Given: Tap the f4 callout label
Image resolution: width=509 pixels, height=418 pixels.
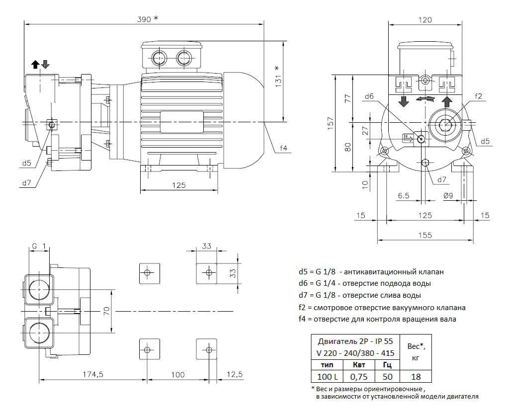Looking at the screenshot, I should point(284,148).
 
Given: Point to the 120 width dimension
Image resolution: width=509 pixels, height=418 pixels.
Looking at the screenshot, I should point(425,20).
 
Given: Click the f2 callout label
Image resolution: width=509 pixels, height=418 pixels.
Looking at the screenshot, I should point(479,96).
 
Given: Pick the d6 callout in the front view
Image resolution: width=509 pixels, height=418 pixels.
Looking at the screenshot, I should point(369,97).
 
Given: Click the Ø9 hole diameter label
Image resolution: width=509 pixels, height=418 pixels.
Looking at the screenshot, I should point(448,196).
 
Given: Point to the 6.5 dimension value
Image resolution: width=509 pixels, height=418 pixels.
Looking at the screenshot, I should point(403,196).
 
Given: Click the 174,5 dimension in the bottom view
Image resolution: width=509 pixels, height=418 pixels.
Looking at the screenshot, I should point(93,375).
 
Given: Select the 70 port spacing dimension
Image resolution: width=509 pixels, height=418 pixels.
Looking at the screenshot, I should point(106,311).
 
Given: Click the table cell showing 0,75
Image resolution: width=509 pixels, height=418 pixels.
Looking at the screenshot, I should point(359,377).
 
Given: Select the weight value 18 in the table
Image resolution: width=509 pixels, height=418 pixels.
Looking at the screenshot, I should point(416,377).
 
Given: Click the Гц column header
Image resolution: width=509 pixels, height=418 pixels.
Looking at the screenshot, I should point(387,365).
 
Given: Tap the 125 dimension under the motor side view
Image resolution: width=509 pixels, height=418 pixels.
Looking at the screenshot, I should point(179,185).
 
